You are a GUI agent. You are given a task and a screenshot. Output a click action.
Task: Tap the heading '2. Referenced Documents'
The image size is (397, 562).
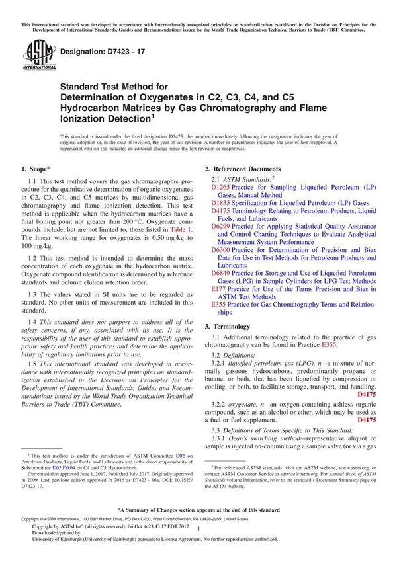coord(242,169)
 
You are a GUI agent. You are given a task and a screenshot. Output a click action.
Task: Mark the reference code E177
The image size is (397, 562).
coord(218,289)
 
